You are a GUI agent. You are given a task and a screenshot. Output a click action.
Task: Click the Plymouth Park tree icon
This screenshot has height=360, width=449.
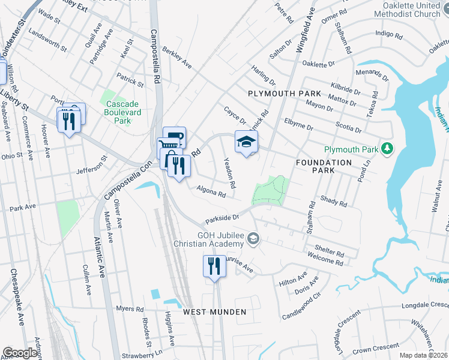388,148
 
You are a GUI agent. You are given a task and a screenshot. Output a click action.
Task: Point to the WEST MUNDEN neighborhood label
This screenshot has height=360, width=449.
214,312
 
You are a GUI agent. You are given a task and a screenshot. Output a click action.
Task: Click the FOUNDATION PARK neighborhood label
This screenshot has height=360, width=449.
324,167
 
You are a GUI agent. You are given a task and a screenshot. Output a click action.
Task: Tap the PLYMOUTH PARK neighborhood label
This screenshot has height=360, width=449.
285,95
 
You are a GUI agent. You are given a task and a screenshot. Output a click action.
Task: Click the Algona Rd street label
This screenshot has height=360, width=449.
211,191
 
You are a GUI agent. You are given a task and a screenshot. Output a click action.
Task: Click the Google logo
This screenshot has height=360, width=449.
20,353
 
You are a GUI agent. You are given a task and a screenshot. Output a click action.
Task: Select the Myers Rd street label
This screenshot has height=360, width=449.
130,309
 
